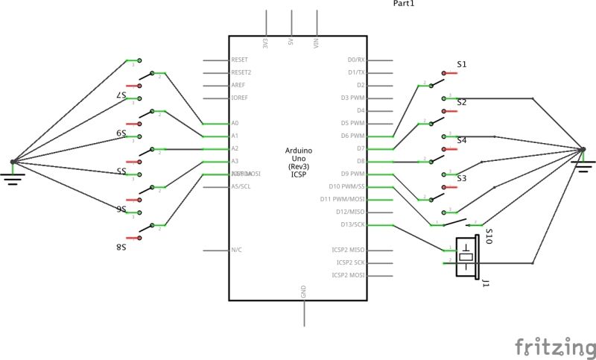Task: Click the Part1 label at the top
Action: click(403, 4)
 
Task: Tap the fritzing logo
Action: click(555, 347)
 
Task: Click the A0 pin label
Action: click(235, 123)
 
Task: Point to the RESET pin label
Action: click(239, 60)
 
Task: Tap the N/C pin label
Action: click(236, 250)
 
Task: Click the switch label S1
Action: click(462, 65)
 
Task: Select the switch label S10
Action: click(489, 237)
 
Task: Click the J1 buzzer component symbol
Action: click(466, 256)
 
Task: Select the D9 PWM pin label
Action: click(352, 174)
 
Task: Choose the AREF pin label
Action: click(238, 85)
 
